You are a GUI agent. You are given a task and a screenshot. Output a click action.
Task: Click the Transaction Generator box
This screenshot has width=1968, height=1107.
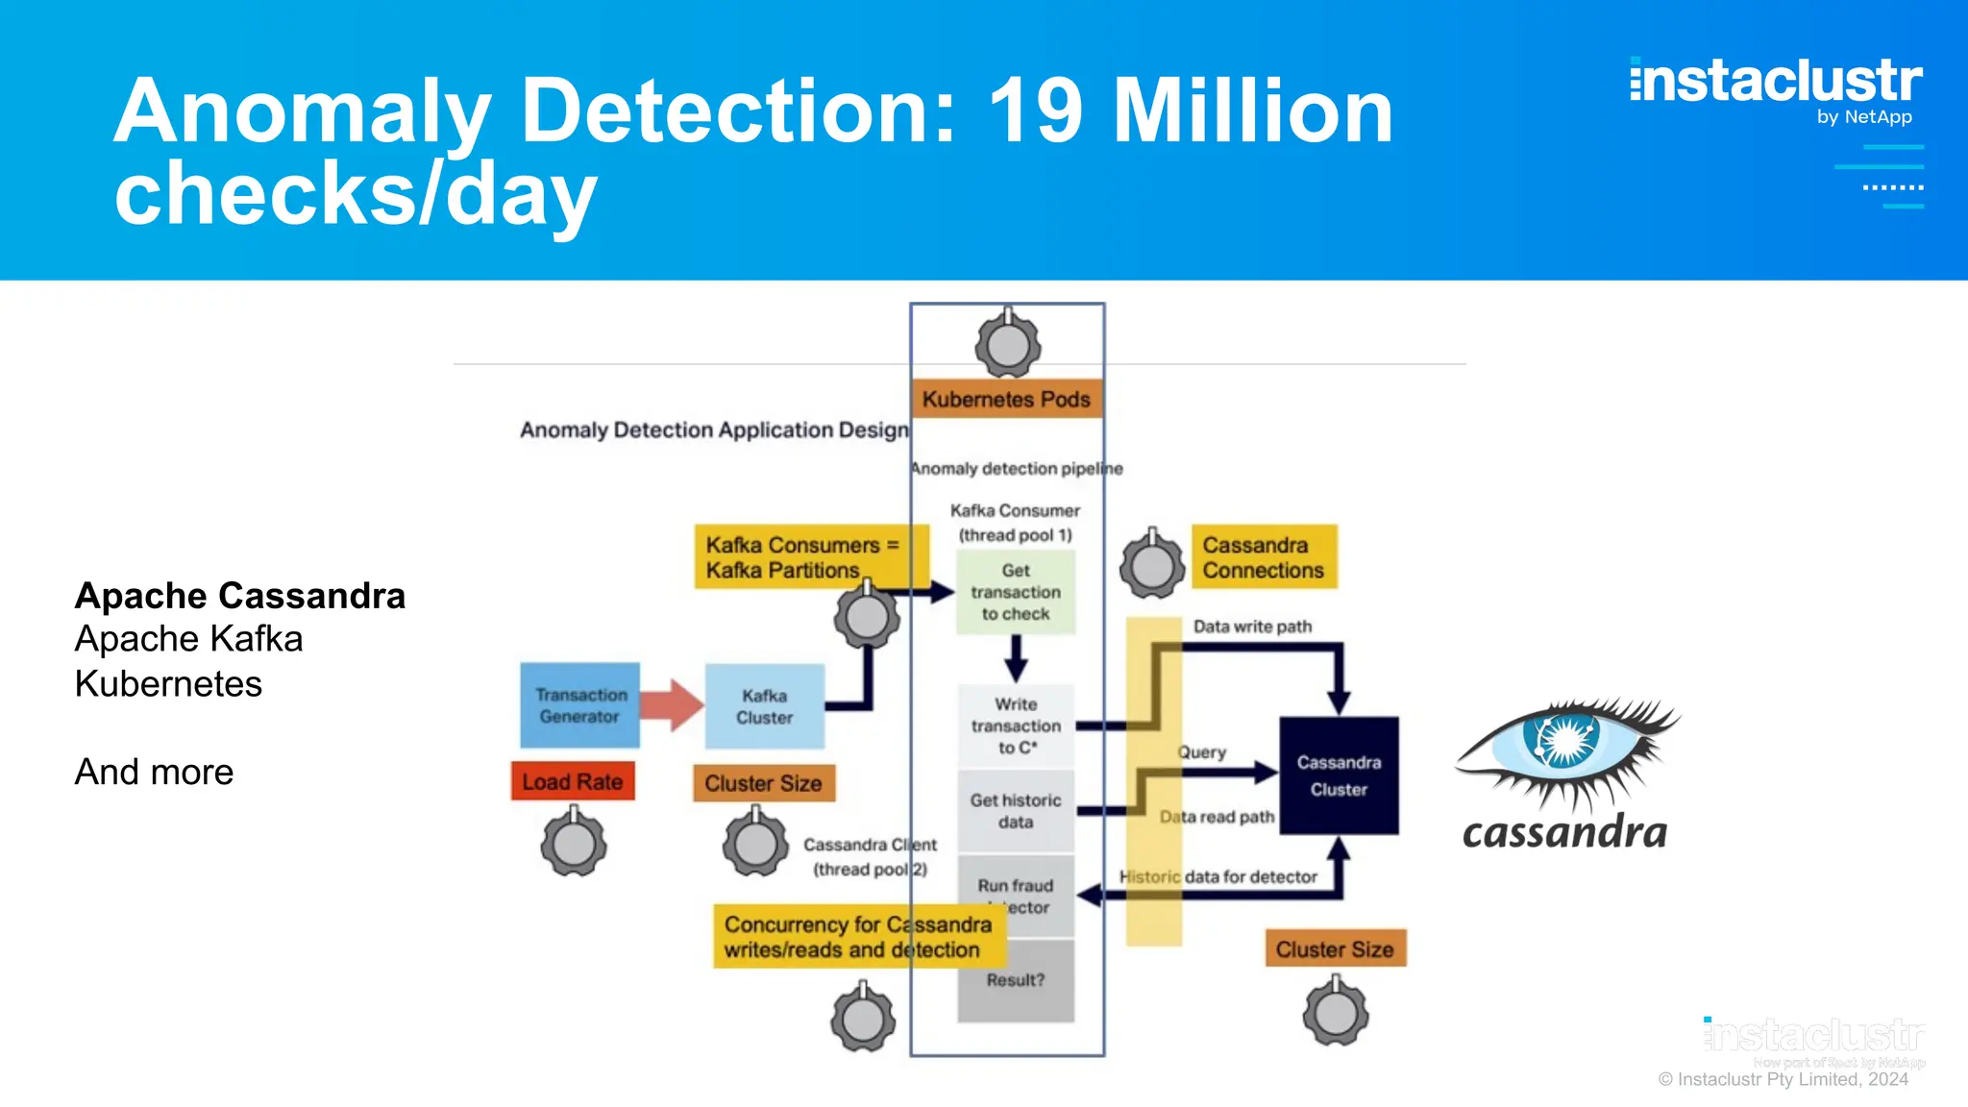point(579,705)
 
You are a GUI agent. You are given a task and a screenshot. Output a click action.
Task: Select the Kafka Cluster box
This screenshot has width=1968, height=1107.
point(764,706)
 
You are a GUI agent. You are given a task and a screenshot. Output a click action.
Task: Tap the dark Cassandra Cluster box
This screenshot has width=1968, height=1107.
point(1339,775)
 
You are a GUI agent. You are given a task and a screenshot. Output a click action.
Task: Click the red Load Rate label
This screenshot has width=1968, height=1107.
point(573,781)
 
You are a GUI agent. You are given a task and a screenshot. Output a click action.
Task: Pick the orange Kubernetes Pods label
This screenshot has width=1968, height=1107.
point(1006,399)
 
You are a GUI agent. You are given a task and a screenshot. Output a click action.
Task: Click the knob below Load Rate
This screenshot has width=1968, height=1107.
point(574,844)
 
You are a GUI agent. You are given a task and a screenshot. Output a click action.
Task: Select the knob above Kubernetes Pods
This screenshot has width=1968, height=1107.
point(1007,345)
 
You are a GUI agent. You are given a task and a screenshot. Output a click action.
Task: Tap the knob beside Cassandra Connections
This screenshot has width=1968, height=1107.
point(1152,565)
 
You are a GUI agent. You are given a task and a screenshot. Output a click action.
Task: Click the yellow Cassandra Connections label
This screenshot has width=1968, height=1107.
point(1264,557)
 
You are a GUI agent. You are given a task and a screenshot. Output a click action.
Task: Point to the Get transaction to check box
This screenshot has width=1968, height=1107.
point(1016,592)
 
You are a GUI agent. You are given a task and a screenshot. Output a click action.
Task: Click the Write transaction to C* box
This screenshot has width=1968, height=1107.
point(1016,726)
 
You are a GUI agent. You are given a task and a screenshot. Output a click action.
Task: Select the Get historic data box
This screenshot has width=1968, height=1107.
point(1016,811)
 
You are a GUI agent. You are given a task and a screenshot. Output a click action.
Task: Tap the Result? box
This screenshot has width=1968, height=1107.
point(1016,980)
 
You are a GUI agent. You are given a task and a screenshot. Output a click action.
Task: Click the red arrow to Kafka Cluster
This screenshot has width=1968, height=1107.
point(671,705)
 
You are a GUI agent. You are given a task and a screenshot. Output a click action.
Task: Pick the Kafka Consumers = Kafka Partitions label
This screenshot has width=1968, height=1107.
point(801,557)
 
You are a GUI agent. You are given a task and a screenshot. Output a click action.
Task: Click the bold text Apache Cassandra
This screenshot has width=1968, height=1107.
point(240,596)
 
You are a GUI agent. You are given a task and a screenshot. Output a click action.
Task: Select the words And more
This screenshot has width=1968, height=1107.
point(154,772)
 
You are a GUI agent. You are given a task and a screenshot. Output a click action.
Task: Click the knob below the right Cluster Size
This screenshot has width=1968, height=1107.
point(1336,1012)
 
